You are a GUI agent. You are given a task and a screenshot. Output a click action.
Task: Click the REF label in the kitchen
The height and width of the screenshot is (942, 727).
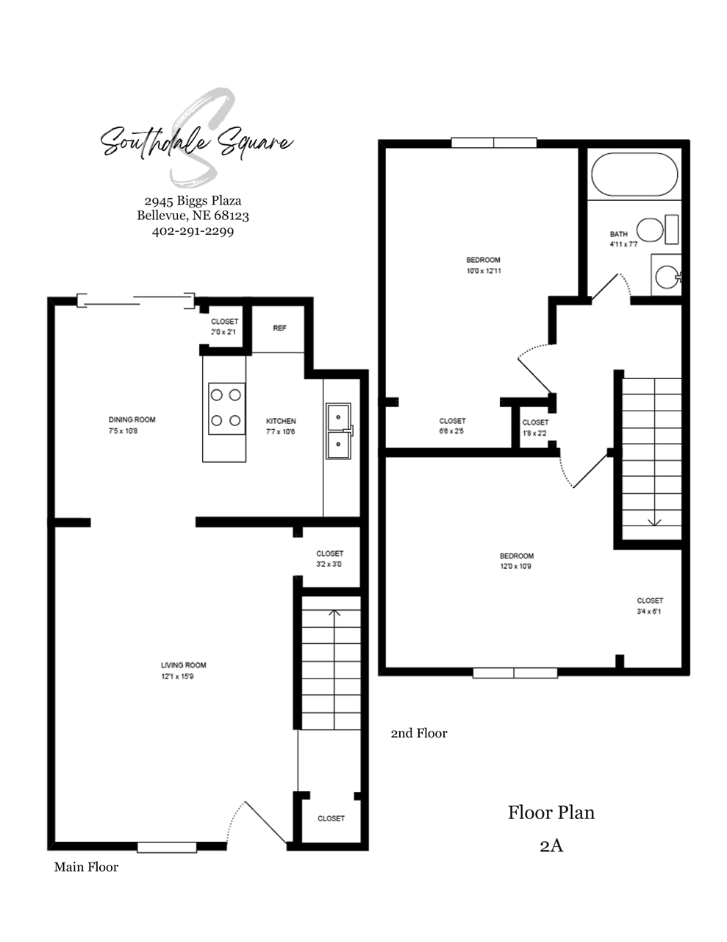[279, 328]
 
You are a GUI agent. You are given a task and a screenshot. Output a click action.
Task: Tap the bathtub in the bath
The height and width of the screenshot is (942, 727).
[634, 174]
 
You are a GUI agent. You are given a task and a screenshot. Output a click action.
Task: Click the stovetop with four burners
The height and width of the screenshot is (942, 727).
[226, 408]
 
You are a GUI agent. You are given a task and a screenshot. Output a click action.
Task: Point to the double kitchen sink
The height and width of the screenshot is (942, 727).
[340, 431]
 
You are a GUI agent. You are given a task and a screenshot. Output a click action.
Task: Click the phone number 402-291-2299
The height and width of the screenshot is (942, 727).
[193, 231]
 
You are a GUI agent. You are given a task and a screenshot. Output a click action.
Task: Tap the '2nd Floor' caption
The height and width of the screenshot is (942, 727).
[419, 734]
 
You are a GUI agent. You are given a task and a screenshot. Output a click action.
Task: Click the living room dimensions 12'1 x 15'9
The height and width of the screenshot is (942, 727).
[178, 677]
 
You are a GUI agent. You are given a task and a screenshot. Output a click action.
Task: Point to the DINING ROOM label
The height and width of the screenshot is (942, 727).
[132, 419]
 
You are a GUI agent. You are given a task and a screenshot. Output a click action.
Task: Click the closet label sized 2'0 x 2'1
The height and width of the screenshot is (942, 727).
[224, 332]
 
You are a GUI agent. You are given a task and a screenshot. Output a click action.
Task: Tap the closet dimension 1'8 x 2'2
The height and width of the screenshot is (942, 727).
[534, 433]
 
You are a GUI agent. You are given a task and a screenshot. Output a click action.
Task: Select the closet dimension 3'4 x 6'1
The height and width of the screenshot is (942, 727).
[648, 612]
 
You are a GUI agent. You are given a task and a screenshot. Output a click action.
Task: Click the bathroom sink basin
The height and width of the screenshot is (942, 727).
[667, 277]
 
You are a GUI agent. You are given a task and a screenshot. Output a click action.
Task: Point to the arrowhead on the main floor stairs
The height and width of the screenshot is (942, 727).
[334, 612]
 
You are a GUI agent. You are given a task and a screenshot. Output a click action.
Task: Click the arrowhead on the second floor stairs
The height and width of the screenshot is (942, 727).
[654, 523]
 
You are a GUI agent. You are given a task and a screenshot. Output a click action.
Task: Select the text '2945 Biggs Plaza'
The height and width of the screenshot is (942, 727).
[193, 201]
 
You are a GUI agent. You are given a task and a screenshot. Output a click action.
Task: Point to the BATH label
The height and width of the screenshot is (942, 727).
[618, 234]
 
